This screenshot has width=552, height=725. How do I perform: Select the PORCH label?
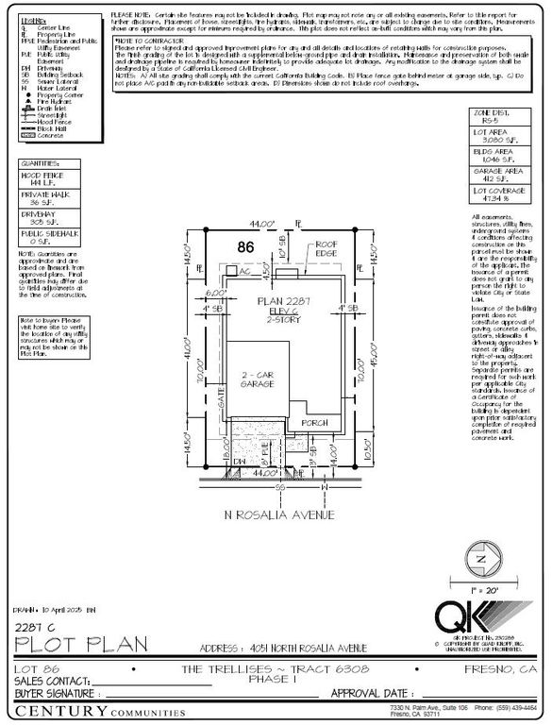[x=313, y=423]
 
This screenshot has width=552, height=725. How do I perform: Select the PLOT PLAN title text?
[x=80, y=645]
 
